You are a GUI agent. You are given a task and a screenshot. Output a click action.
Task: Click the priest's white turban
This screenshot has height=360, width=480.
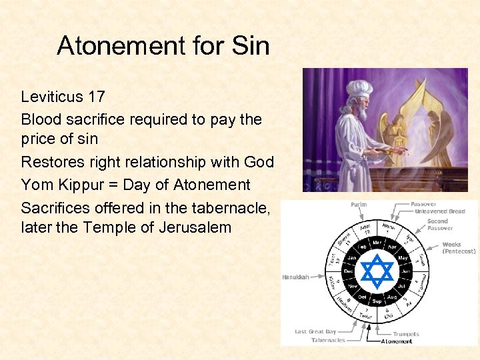click(359, 89)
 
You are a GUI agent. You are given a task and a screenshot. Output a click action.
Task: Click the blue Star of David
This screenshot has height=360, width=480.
click(377, 271)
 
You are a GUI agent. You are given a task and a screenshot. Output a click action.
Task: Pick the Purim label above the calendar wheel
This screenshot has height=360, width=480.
click(358, 204)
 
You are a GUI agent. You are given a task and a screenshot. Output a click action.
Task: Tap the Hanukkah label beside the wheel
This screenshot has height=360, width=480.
click(295, 277)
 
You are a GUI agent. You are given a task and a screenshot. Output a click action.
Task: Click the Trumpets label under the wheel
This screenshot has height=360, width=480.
click(406, 333)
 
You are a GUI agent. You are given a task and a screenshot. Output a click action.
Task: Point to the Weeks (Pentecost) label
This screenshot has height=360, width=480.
click(459, 248)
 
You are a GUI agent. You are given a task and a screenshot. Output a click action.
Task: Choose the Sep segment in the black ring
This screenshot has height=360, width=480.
click(377, 301)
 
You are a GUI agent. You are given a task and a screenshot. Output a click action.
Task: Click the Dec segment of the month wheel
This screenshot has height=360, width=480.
click(347, 271)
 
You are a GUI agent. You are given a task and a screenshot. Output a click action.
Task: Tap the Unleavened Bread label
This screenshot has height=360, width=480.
click(440, 211)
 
